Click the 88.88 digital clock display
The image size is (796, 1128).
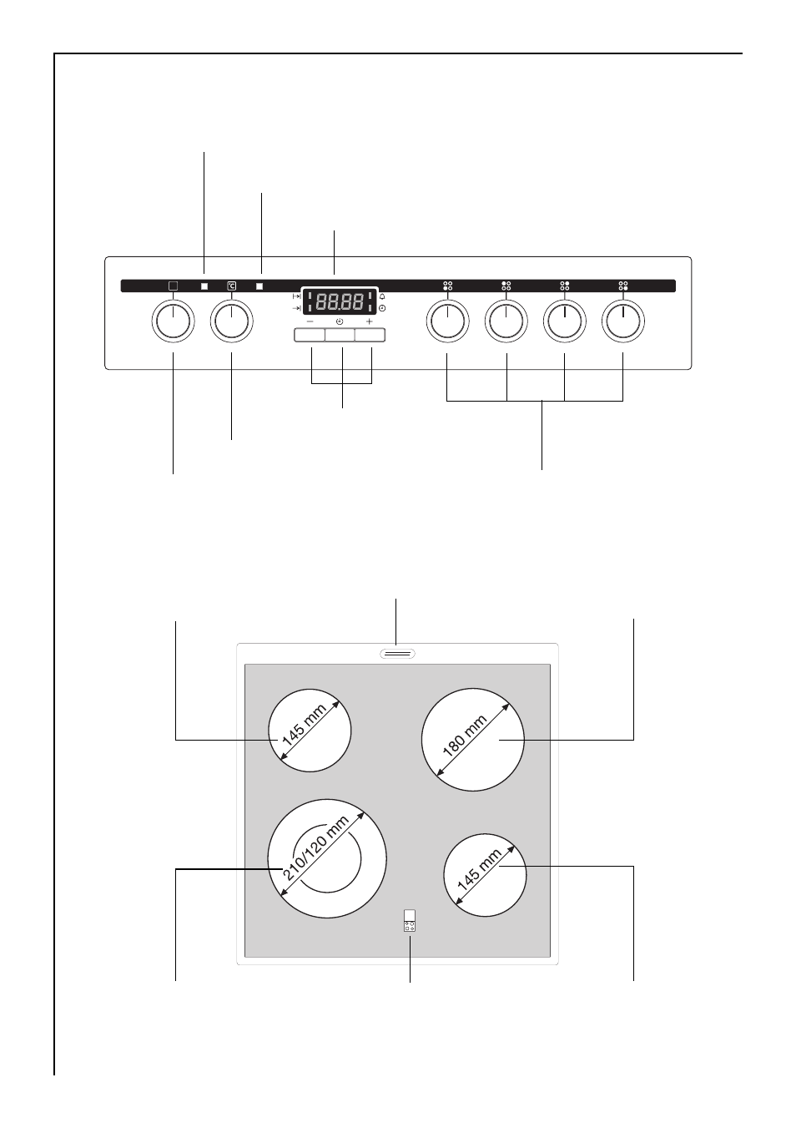[x=339, y=301]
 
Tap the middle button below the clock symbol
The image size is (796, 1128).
[x=340, y=335]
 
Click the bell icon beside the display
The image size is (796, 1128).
[x=382, y=296]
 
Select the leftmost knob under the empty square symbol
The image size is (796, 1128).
[x=173, y=321]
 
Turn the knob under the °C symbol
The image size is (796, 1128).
[x=232, y=321]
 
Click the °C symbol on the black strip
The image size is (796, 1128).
[x=231, y=286]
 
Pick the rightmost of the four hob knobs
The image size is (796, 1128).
[x=623, y=321]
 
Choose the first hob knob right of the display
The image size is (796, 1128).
[x=447, y=321]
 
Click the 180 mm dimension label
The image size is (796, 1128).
[x=465, y=736]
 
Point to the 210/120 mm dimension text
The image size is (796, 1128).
[x=316, y=848]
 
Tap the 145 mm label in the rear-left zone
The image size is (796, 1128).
[x=304, y=725]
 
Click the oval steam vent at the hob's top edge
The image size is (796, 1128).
[x=397, y=654]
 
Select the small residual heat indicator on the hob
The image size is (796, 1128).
[x=410, y=921]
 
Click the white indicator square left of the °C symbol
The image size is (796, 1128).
[x=204, y=286]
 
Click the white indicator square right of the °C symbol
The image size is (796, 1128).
[x=259, y=286]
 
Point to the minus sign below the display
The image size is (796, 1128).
[x=310, y=321]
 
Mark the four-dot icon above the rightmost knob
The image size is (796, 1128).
[x=623, y=286]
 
